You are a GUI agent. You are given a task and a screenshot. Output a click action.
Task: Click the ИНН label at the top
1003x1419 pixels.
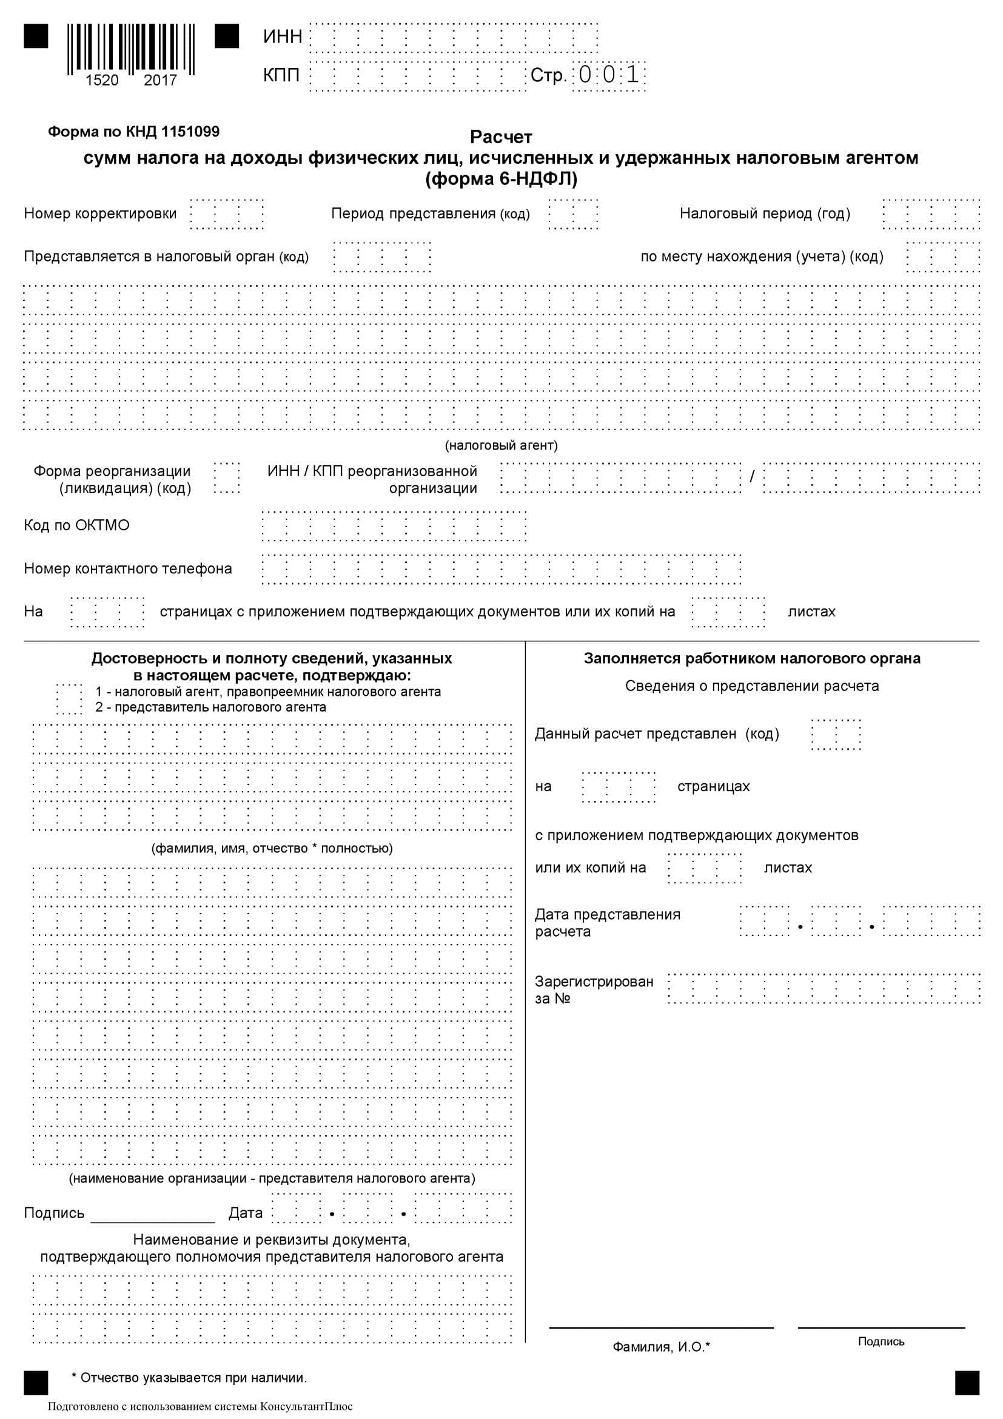point(282,37)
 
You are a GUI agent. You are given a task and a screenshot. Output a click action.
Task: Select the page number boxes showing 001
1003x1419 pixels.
point(609,75)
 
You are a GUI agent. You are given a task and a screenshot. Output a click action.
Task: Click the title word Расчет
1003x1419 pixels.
point(501,137)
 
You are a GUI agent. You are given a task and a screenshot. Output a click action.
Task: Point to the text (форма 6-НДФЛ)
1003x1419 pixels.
point(501,179)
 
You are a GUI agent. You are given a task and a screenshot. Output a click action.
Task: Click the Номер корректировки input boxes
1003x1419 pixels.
point(227,214)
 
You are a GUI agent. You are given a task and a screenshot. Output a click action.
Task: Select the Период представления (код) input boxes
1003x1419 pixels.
point(573,214)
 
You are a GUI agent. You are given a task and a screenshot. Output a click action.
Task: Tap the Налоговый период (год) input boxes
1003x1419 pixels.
point(931,214)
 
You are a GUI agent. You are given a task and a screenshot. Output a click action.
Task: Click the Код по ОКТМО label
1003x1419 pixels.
point(76,525)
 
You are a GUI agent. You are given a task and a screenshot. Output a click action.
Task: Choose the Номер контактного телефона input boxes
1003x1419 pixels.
point(501,568)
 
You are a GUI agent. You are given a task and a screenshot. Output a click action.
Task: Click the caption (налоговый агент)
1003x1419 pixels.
point(501,445)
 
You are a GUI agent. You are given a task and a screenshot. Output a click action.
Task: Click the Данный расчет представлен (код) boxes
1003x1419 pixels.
point(836,734)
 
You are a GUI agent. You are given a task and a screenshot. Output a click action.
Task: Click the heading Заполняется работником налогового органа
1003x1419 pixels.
point(751,658)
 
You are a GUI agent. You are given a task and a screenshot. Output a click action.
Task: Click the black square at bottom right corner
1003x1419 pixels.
point(967,1383)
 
